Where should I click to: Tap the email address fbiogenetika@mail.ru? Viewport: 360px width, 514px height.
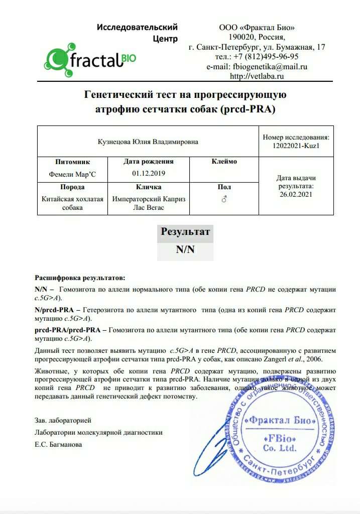pyautogui.click(x=270, y=66)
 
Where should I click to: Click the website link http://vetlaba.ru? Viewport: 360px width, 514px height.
pyautogui.click(x=257, y=76)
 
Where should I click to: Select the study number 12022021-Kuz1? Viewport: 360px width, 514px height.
pyautogui.click(x=296, y=146)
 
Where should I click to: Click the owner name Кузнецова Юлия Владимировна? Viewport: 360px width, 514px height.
pyautogui.click(x=148, y=142)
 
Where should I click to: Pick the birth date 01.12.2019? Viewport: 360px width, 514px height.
pyautogui.click(x=148, y=173)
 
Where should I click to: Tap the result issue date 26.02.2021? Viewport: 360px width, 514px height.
pyautogui.click(x=296, y=194)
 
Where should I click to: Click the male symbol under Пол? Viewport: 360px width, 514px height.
pyautogui.click(x=224, y=199)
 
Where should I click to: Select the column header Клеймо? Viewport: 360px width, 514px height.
pyautogui.click(x=224, y=162)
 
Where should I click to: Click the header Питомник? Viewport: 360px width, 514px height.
pyautogui.click(x=73, y=162)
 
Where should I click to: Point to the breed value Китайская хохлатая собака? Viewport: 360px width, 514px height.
pyautogui.click(x=73, y=203)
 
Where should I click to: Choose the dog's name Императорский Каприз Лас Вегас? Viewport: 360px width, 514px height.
pyautogui.click(x=149, y=203)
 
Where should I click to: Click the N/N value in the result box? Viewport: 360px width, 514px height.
pyautogui.click(x=185, y=249)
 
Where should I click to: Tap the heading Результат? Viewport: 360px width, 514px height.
pyautogui.click(x=185, y=231)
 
